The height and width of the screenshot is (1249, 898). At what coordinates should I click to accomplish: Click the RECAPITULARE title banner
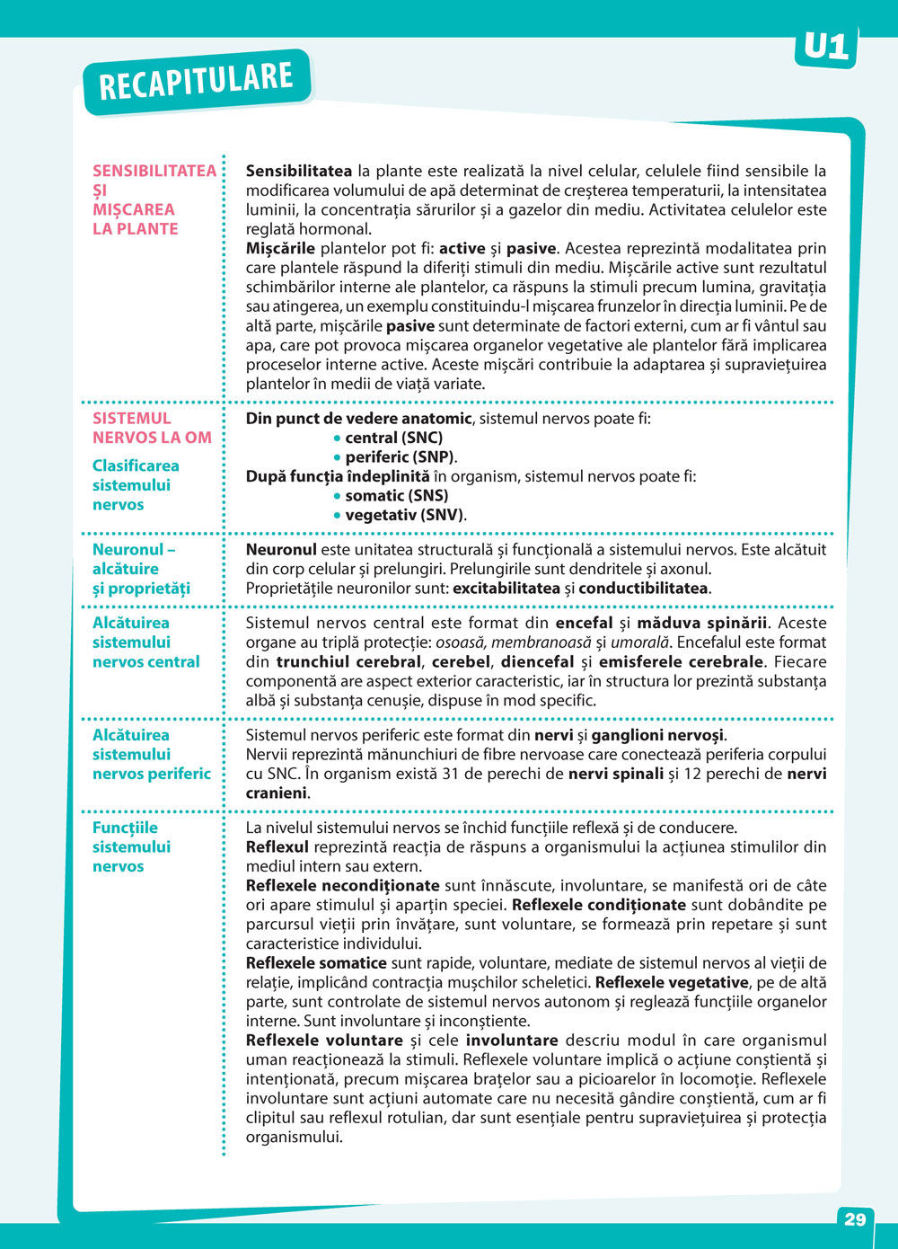coord(196,82)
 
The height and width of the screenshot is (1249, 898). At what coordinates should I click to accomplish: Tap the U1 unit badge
coord(825,47)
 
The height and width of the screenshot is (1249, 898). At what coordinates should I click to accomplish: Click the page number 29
coord(855,1219)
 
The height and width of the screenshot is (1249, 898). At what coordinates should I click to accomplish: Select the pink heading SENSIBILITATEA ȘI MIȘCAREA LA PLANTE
coord(153,199)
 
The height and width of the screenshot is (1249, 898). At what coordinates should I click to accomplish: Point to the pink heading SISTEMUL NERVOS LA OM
coord(152,428)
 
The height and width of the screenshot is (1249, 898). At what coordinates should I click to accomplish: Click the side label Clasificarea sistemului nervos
coord(136,485)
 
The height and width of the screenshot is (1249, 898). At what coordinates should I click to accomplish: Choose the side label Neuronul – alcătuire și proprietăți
coord(141,569)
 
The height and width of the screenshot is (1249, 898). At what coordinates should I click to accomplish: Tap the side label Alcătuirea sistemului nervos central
coord(145,642)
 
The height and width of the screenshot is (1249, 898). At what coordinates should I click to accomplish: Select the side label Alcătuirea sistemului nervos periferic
coord(151,754)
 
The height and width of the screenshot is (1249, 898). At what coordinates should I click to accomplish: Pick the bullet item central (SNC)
coord(393,438)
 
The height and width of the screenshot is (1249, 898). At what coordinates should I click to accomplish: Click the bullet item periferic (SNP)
coord(400,457)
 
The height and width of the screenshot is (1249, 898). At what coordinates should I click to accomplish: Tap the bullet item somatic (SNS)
coord(396,495)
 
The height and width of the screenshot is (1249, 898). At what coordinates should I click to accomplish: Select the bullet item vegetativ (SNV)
coord(404,515)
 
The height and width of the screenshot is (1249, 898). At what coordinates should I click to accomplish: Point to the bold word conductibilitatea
coord(643,589)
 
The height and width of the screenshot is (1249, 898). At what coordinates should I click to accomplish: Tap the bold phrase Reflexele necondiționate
coord(342,885)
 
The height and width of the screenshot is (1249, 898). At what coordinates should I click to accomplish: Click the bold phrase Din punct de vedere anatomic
coord(358,418)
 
